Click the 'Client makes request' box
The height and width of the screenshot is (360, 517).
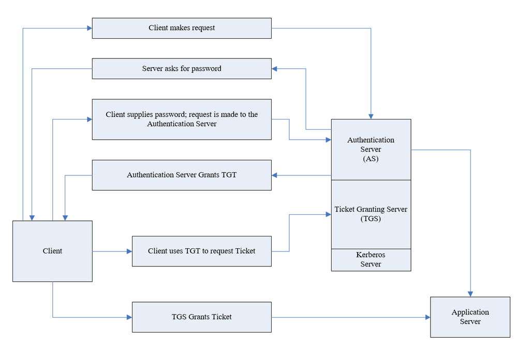coord(181,28)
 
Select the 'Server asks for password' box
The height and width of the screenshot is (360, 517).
coord(181,68)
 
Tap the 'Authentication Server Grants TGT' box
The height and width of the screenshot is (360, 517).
coord(181,175)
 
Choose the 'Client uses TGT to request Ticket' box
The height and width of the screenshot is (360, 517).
coord(201,251)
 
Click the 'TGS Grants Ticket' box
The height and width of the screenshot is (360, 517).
coord(201,317)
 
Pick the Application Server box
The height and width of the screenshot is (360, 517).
coord(470,317)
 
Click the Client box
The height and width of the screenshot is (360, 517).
coord(52,251)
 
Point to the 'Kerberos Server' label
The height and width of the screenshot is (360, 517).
coord(371,260)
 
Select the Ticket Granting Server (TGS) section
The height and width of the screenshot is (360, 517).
coord(371,214)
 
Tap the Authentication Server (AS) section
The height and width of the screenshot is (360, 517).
coord(371,149)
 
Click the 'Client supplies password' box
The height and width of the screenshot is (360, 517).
coord(181,119)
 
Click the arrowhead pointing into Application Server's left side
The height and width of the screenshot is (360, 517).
coord(427,317)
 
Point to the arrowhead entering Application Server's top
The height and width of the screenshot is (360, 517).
coord(470,294)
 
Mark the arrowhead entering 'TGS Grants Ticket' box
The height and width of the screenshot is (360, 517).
coord(129,317)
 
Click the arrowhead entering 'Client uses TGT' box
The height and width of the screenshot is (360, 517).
coord(129,251)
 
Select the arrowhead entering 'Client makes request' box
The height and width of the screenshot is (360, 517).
coord(89,28)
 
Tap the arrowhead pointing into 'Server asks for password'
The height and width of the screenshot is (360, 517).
coord(275,68)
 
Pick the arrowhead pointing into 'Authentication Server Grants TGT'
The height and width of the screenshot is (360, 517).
coord(275,175)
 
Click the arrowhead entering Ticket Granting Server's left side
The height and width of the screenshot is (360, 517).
coord(328,214)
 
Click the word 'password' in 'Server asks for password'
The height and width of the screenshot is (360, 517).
coord(206,68)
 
